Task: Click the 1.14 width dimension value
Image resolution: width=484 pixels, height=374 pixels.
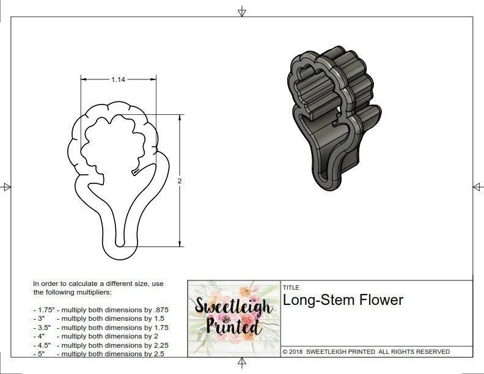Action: coord(118,79)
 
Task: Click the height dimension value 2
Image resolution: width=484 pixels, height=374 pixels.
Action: coord(180,181)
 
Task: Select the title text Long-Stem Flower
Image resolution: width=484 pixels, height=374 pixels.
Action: coord(343,300)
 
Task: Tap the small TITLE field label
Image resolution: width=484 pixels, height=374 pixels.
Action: coord(291,288)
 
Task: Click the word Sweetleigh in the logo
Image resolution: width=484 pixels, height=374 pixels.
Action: coord(233,306)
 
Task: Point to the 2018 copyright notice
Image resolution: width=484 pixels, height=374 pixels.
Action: coord(366,351)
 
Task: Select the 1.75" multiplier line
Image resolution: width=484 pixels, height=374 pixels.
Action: coord(101,310)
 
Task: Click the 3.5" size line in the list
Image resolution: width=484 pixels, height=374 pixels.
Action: coord(101,328)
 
